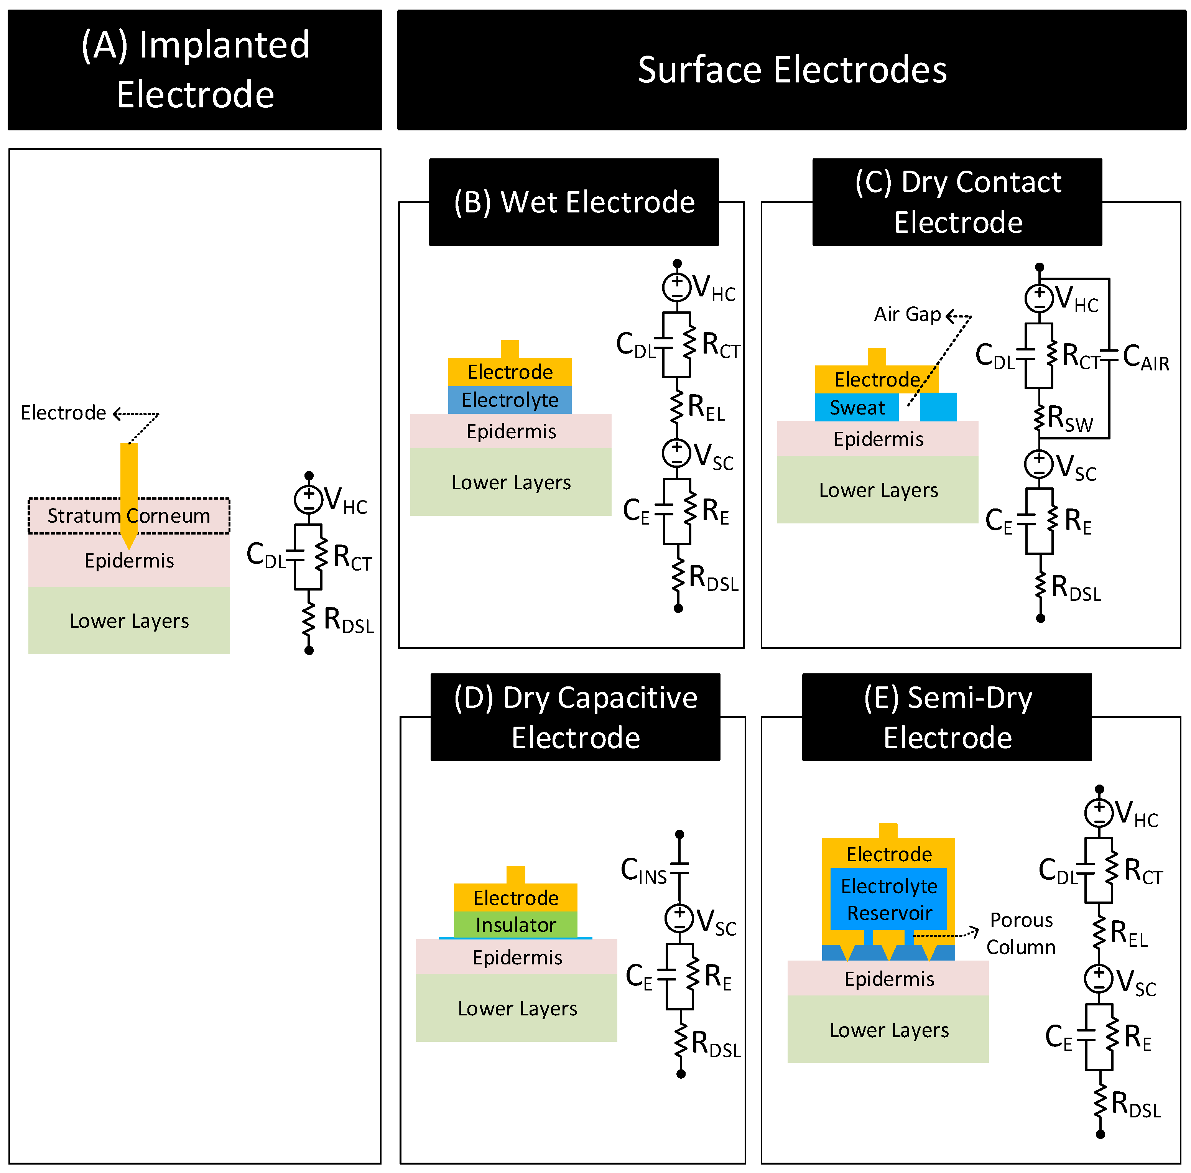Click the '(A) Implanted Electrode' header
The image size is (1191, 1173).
pyautogui.click(x=195, y=70)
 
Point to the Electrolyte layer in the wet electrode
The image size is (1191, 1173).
pyautogui.click(x=510, y=400)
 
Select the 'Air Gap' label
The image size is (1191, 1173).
pyautogui.click(x=907, y=314)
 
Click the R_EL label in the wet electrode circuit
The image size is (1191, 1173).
pyautogui.click(x=706, y=408)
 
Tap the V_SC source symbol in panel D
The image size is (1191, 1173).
pyautogui.click(x=679, y=918)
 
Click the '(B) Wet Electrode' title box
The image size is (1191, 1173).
pyautogui.click(x=574, y=202)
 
